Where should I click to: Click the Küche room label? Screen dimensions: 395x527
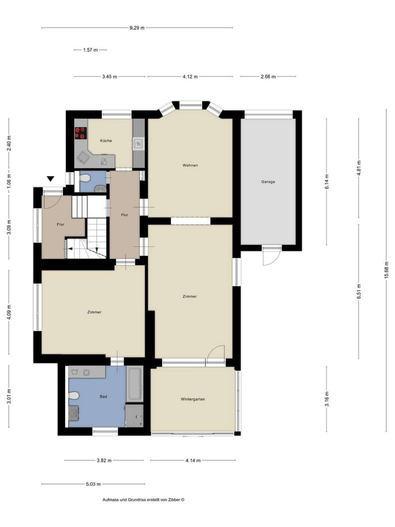click(106, 141)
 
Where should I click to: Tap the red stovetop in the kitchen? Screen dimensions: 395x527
click(81, 133)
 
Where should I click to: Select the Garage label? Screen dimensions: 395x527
click(268, 182)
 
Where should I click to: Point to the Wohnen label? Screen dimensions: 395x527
click(190, 165)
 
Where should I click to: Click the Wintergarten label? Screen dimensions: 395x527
click(193, 399)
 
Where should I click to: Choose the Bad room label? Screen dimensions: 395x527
click(104, 397)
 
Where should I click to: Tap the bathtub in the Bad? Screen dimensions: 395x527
click(135, 384)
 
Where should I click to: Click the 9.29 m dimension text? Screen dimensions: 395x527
click(137, 28)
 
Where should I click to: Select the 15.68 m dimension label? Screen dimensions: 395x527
click(386, 270)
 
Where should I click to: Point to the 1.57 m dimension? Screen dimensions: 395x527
click(90, 50)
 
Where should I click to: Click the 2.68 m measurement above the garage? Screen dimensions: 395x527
click(268, 76)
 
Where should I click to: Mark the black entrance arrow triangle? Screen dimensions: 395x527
click(50, 179)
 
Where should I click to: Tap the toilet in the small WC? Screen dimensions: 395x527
click(84, 178)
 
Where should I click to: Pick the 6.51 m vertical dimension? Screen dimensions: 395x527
click(359, 292)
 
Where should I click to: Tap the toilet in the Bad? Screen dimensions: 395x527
click(74, 396)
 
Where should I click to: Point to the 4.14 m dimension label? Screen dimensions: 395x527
click(193, 461)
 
